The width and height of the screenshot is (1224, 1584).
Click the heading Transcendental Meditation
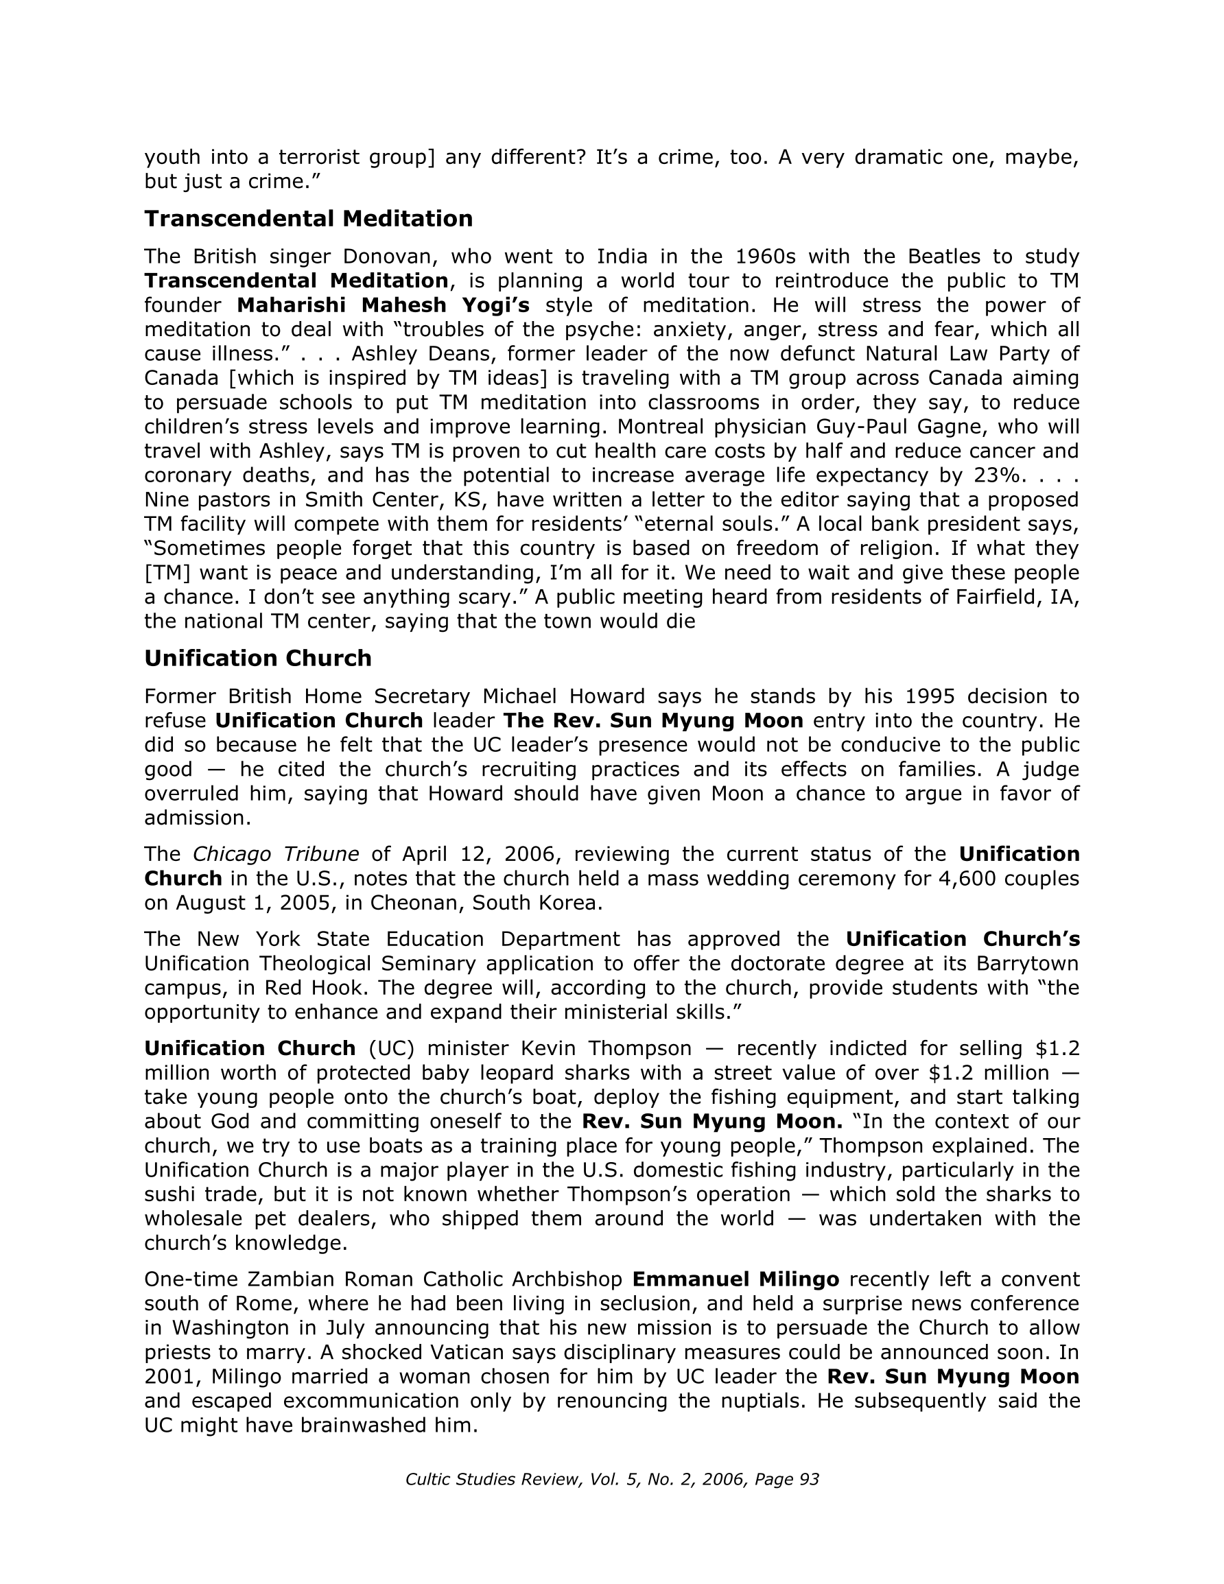coord(308,218)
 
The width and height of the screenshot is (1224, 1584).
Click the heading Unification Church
coord(257,658)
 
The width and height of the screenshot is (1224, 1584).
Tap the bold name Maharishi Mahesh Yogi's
coord(383,305)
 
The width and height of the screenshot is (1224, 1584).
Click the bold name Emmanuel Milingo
coord(735,1279)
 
